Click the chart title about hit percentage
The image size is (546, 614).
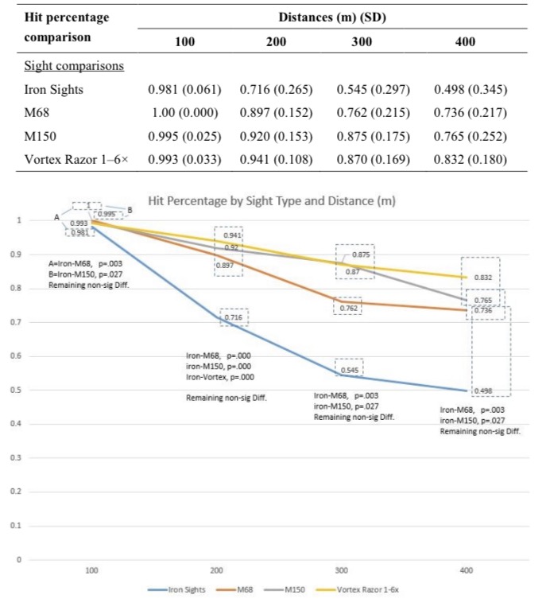click(273, 200)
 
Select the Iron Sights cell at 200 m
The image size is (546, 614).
click(276, 90)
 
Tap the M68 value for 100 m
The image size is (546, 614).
click(184, 112)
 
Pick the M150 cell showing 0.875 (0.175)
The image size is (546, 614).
click(373, 136)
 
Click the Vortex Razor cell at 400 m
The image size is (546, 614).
click(470, 159)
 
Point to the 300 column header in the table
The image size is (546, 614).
click(362, 41)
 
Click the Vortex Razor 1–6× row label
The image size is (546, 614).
click(77, 159)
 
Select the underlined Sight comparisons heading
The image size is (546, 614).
click(73, 65)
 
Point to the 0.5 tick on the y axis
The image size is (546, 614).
click(13, 390)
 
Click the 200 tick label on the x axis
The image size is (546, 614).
click(216, 570)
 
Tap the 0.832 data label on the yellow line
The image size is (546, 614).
click(483, 278)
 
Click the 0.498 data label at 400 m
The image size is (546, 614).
click(483, 391)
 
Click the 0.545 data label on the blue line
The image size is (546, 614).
click(349, 371)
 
